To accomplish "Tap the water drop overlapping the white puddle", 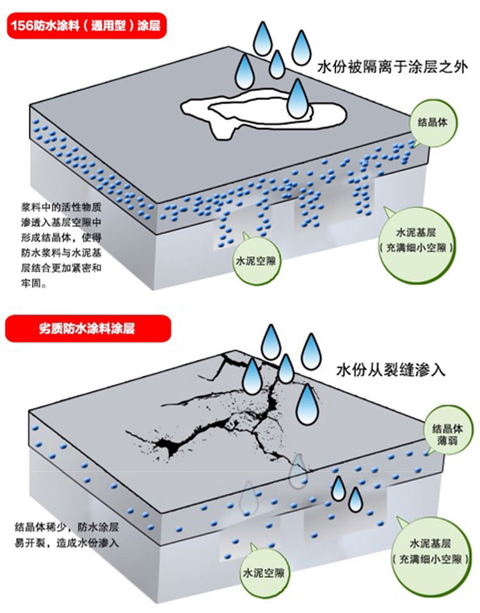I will point(297,100).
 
